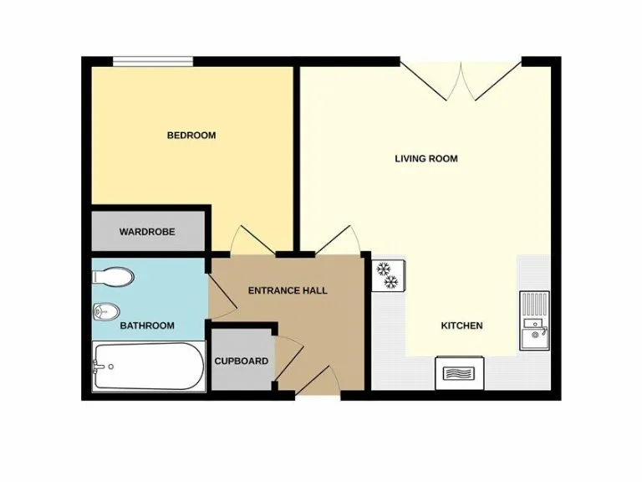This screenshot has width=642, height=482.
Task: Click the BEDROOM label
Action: coord(191,136)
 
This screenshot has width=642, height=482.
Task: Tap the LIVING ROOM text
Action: coord(426,158)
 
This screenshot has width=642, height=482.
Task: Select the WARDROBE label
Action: coord(147,232)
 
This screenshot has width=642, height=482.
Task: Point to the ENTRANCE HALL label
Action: coord(288,290)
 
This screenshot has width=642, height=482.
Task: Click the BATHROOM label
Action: coord(147,326)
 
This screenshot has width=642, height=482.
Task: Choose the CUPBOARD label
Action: coord(242,361)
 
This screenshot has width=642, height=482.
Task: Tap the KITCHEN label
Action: coord(462,326)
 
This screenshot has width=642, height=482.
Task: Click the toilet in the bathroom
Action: coord(113,276)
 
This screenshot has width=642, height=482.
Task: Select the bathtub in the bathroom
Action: coord(149,367)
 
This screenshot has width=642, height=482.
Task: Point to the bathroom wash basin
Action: coord(101,311)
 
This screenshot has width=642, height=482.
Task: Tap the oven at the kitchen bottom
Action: coord(459,372)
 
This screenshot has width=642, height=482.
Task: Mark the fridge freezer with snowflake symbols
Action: coord(388,275)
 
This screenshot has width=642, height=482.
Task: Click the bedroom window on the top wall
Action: coord(153,60)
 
